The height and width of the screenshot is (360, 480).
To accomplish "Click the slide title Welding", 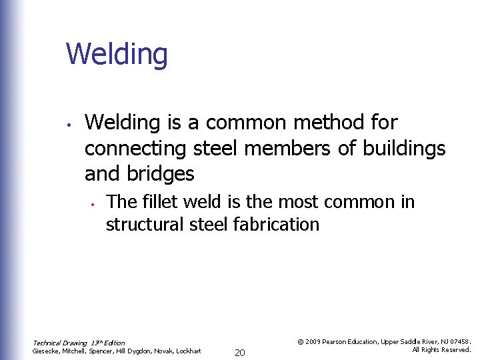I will click(x=117, y=55).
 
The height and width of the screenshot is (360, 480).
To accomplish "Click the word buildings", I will click(x=404, y=149).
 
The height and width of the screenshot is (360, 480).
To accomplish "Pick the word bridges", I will click(x=160, y=175).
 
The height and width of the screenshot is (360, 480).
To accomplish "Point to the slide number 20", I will click(x=240, y=352).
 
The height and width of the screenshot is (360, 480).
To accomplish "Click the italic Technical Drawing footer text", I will click(x=79, y=343).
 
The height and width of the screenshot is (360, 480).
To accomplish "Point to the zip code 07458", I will click(x=460, y=341).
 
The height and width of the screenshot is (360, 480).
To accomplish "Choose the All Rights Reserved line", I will click(x=441, y=349).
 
